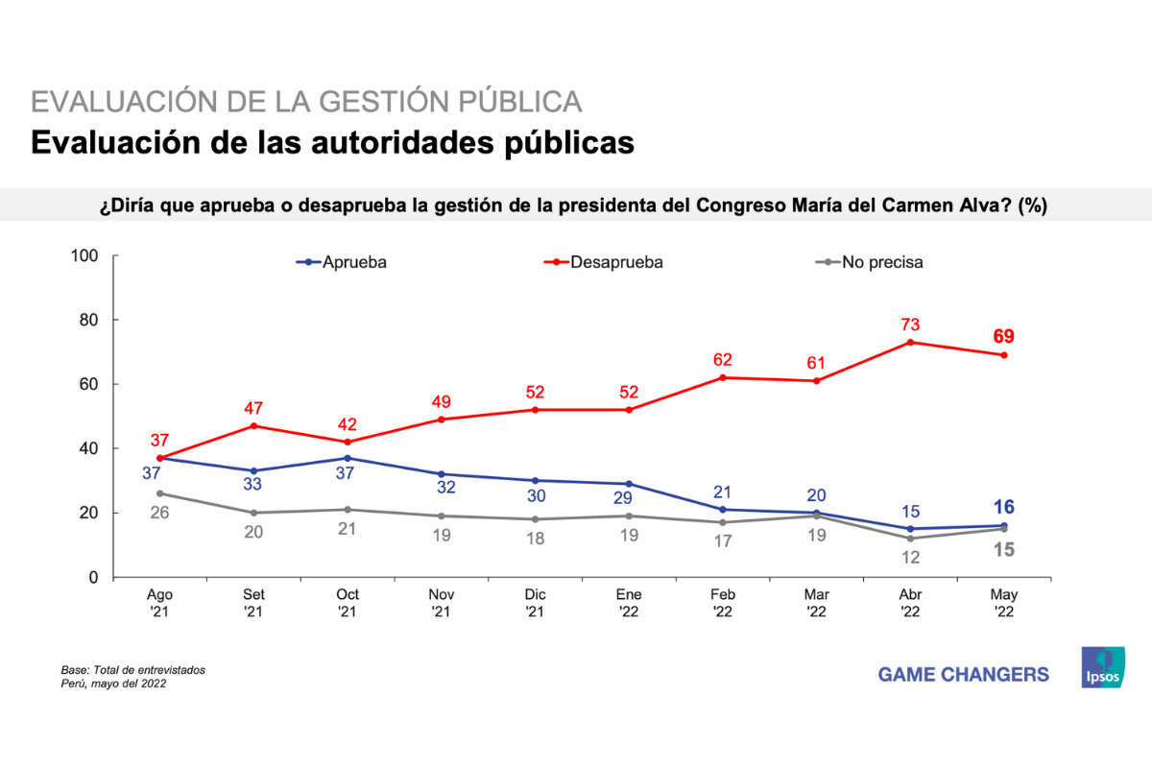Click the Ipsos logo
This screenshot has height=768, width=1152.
pyautogui.click(x=1103, y=667)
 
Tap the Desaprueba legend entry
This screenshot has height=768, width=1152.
pyautogui.click(x=605, y=261)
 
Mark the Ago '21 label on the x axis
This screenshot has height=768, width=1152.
pyautogui.click(x=160, y=603)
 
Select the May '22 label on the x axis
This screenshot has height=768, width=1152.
pyautogui.click(x=1004, y=603)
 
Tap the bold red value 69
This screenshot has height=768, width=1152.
pyautogui.click(x=1004, y=336)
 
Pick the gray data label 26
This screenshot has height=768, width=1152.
pyautogui.click(x=160, y=514)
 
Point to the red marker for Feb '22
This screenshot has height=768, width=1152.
pyautogui.click(x=723, y=377)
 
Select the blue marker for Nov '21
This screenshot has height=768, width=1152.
pyautogui.click(x=441, y=474)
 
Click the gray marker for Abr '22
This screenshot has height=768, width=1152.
pyautogui.click(x=910, y=539)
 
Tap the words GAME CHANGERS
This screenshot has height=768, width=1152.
pyautogui.click(x=963, y=675)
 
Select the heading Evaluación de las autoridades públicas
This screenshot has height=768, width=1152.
pyautogui.click(x=332, y=141)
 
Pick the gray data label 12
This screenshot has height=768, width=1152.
pyautogui.click(x=910, y=558)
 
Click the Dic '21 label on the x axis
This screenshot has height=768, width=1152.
pyautogui.click(x=535, y=603)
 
